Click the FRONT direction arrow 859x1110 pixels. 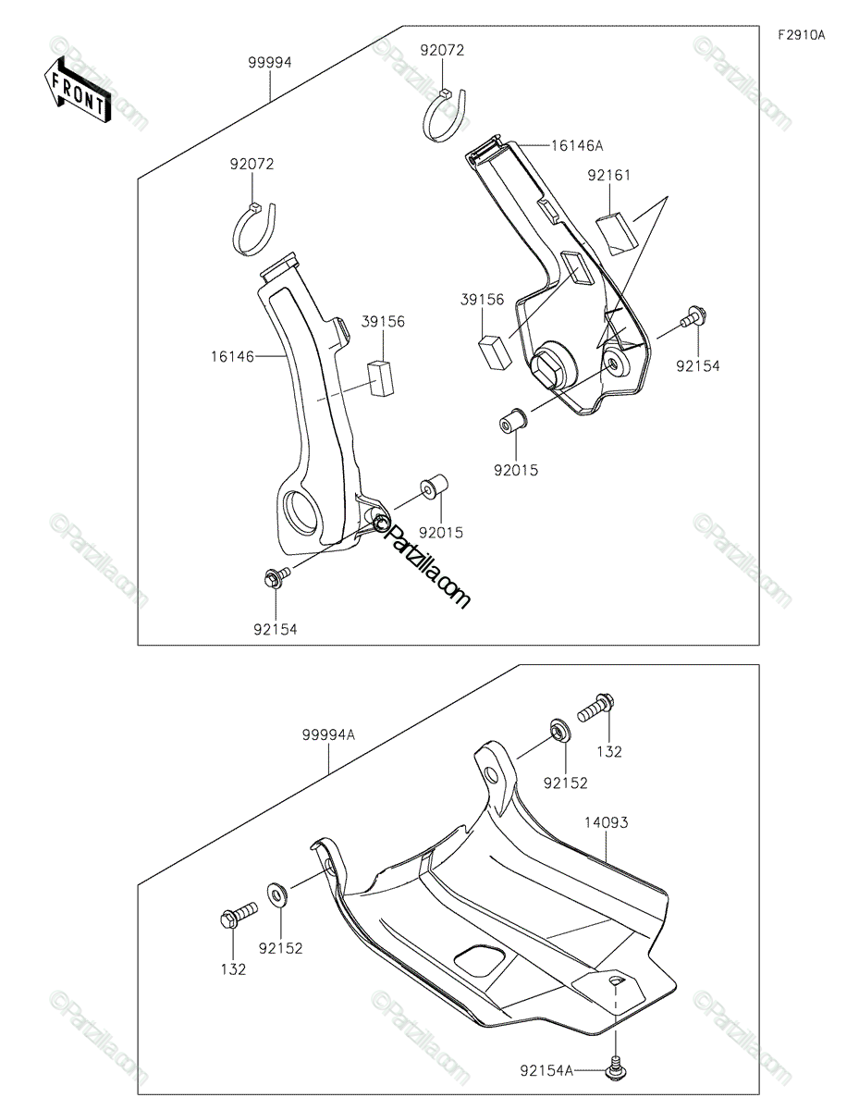pos(76,88)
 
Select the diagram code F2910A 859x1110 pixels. pos(800,36)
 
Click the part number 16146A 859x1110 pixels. pos(576,145)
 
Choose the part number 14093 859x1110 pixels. pos(605,821)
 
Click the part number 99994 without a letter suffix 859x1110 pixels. pos(269,63)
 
